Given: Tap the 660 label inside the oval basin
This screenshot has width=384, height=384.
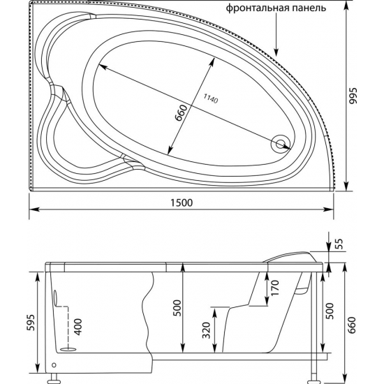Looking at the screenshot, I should [x=179, y=112].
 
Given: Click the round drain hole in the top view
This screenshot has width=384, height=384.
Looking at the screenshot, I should [x=281, y=144].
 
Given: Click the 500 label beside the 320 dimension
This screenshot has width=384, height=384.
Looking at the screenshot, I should [x=177, y=308].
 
